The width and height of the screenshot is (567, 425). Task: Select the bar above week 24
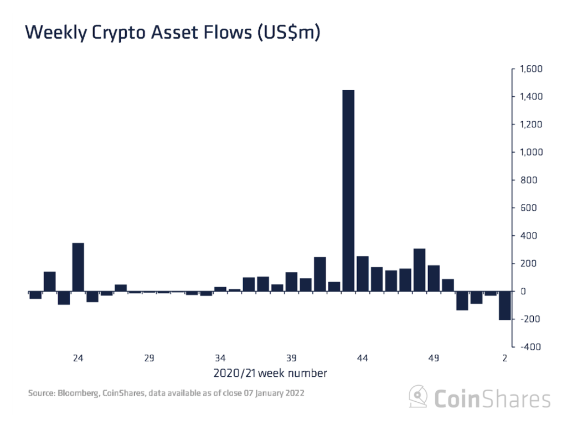click(78, 267)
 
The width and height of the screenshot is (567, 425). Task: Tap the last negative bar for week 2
click(504, 305)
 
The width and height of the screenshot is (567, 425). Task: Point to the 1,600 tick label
click(530, 69)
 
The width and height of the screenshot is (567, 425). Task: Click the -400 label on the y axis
click(530, 347)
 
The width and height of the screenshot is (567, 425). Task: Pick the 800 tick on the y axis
click(527, 180)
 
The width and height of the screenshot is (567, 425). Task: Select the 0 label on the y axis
click(522, 292)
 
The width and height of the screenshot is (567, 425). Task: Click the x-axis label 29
click(149, 358)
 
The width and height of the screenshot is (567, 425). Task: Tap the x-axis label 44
click(363, 358)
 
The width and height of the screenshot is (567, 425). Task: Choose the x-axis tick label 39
click(291, 358)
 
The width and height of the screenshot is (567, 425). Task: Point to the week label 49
click(434, 358)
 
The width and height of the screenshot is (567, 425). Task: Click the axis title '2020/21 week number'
click(270, 373)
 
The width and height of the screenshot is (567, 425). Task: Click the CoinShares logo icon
click(418, 397)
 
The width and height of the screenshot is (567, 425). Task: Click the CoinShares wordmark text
click(491, 398)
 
